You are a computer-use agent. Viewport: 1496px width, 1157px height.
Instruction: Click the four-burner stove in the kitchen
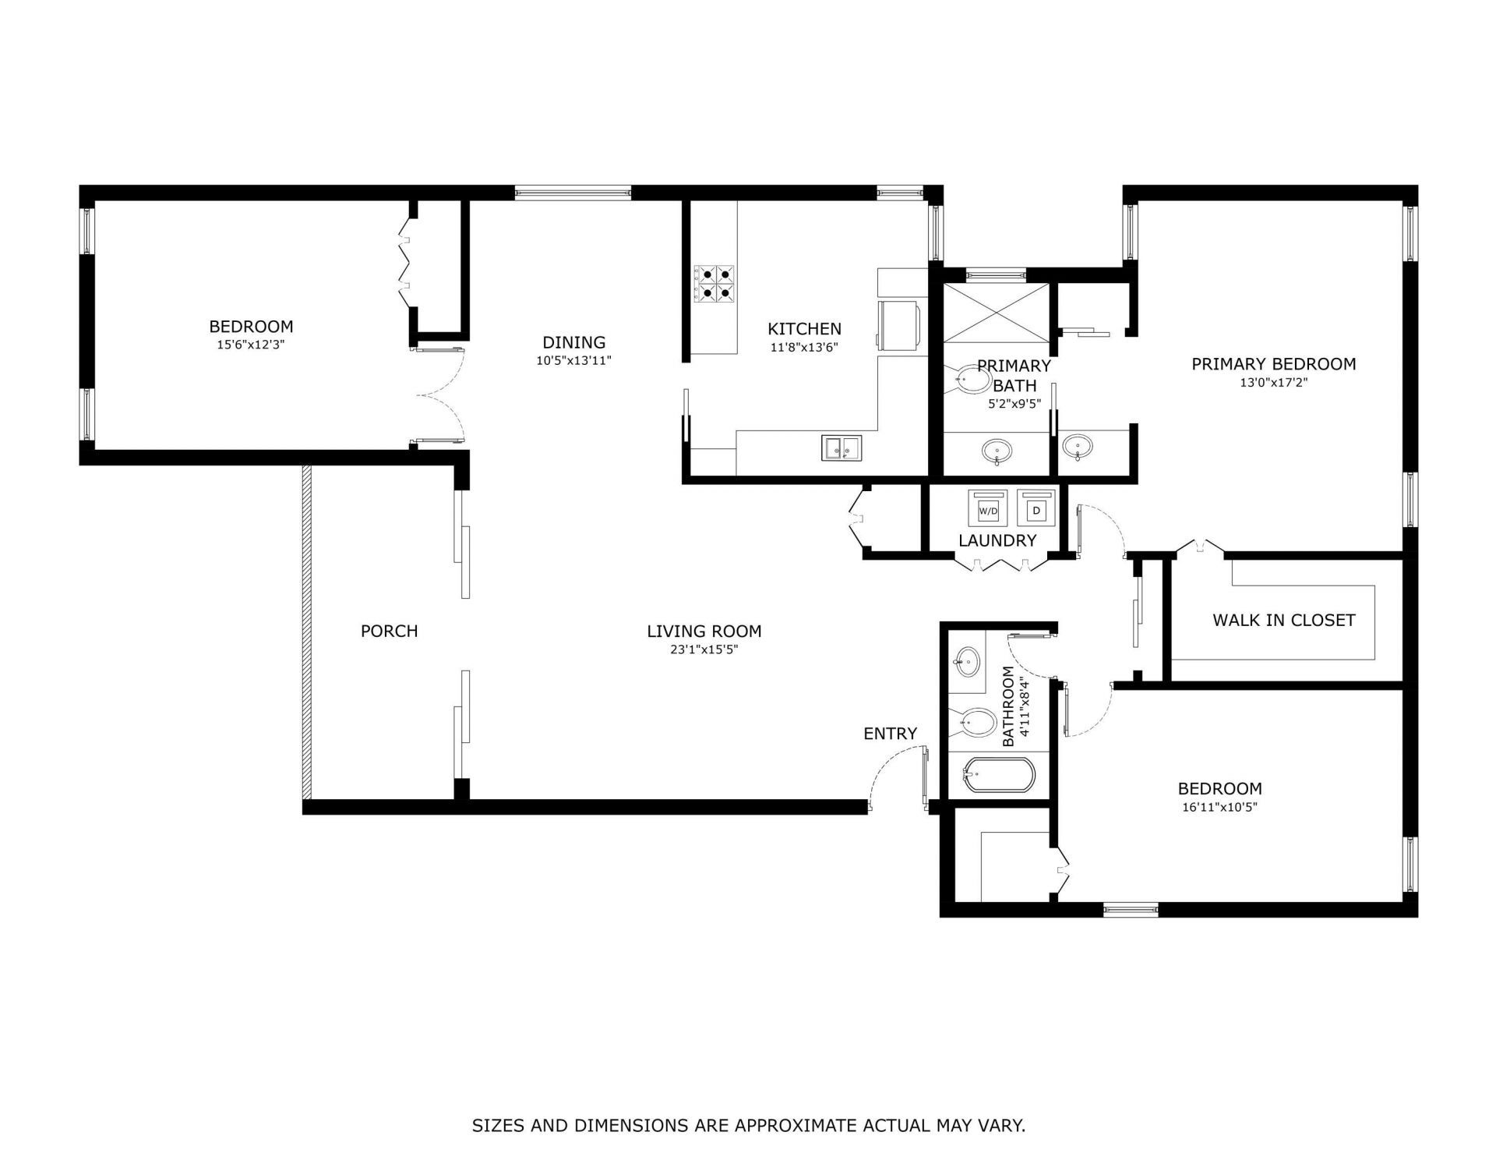[714, 284]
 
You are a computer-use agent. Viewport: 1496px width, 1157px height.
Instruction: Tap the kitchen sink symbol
[841, 448]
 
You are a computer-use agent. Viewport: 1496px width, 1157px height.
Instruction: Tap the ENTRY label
[890, 734]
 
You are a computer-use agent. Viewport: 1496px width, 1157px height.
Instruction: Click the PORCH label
[389, 632]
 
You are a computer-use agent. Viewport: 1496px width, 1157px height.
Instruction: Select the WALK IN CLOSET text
[1283, 621]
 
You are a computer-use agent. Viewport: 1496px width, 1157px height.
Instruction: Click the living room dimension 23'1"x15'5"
[704, 649]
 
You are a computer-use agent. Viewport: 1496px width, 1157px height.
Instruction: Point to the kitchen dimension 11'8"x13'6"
[803, 348]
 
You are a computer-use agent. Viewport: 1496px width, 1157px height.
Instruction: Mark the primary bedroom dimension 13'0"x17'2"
[1273, 383]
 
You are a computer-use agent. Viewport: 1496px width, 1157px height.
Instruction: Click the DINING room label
[573, 342]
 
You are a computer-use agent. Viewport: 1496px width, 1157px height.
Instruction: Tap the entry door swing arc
[888, 767]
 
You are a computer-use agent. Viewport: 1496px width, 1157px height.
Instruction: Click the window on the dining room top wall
[572, 192]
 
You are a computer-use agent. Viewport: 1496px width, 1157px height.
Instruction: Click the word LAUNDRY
[997, 541]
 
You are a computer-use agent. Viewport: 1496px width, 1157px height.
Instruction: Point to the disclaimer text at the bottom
[748, 1126]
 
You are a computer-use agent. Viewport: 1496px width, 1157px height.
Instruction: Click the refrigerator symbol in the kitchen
[899, 324]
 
